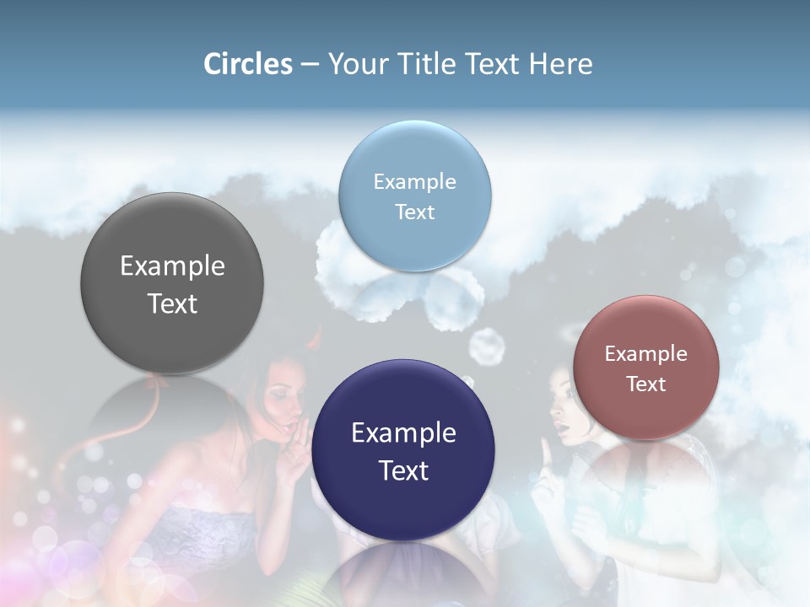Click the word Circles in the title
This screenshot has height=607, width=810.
[248, 64]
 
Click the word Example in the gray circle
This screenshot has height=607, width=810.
[172, 266]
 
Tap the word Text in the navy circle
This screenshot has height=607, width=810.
[403, 470]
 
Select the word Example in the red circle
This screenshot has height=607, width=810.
[645, 353]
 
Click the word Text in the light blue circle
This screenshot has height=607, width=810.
[415, 212]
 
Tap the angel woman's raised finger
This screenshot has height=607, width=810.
[546, 455]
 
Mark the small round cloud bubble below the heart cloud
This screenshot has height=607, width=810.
[485, 346]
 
